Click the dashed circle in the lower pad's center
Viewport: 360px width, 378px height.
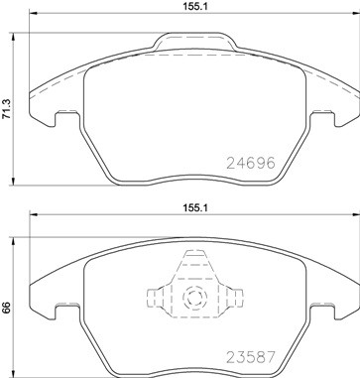[192, 299]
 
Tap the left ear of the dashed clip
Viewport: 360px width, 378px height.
[153, 298]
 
